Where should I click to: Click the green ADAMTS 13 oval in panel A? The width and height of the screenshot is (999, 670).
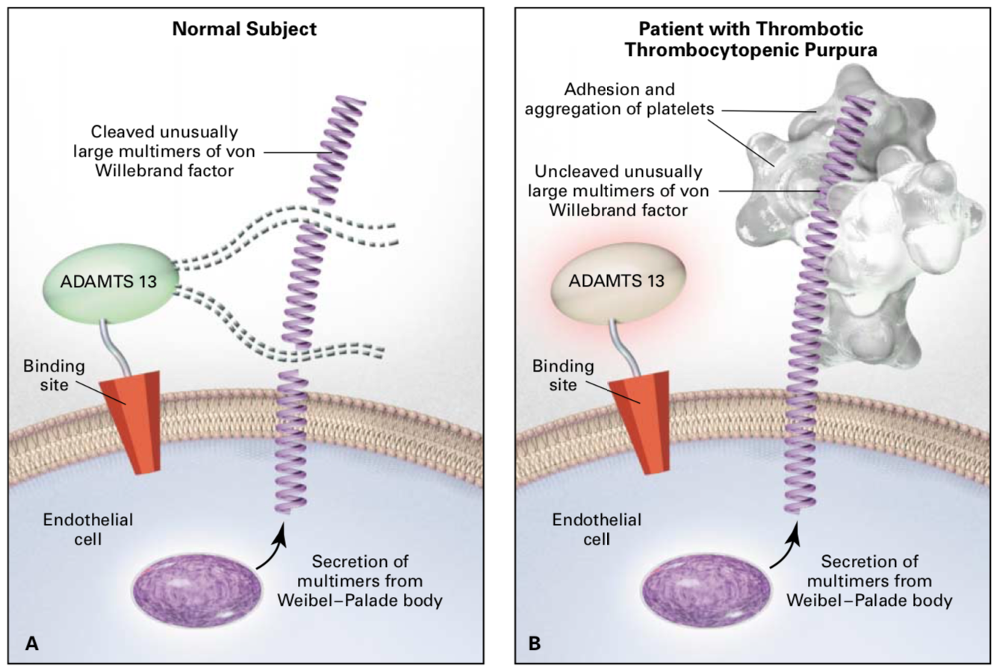point(111,282)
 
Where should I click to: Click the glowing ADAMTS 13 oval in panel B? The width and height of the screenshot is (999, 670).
point(618,281)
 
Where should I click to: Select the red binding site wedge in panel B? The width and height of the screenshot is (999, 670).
point(640,422)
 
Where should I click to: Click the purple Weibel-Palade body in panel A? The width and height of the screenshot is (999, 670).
point(196,590)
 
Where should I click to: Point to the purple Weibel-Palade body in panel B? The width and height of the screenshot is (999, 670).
point(706,590)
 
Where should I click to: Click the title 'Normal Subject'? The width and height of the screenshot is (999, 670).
point(244,29)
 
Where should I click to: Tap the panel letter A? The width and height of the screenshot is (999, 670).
point(31,643)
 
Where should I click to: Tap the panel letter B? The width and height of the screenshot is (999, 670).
point(535,643)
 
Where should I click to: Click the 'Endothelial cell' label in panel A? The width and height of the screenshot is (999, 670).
point(88,529)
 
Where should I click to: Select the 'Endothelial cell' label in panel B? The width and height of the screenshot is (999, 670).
point(597,529)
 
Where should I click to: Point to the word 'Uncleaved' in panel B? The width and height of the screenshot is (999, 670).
point(573,171)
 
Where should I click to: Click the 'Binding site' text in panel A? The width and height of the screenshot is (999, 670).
point(54,375)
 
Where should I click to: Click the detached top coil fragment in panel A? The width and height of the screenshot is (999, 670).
point(336,150)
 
